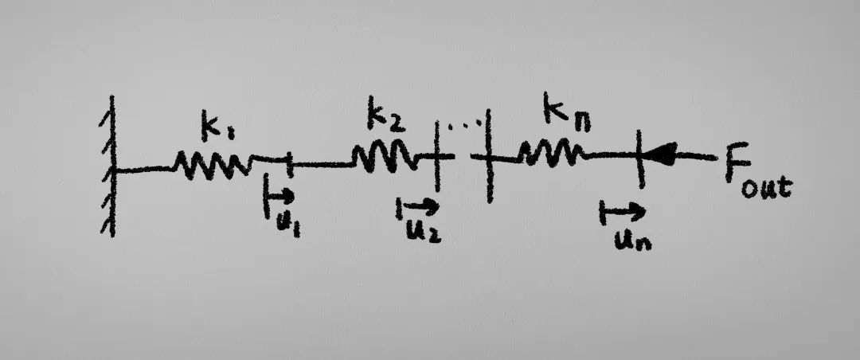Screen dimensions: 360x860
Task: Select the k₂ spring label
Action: click(x=385, y=117)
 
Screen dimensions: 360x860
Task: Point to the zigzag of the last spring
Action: click(x=550, y=151)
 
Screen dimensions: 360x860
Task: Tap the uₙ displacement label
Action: click(x=631, y=238)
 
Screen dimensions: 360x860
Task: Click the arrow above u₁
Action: click(x=279, y=195)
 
